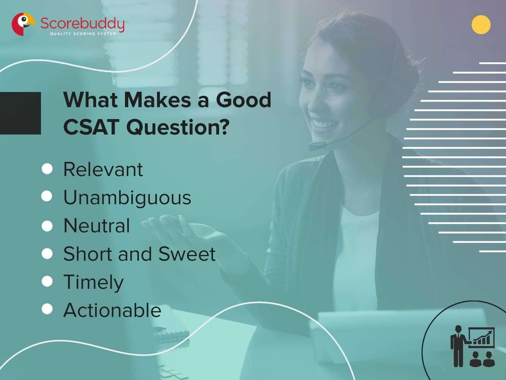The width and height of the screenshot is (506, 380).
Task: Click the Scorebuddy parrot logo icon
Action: coord(22,24)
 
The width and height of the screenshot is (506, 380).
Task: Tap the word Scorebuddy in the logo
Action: coord(82,24)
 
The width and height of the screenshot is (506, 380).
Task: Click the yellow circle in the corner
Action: coord(481,25)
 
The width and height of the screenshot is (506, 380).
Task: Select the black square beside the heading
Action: coord(20,113)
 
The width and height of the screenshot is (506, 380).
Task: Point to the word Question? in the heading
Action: coord(178,127)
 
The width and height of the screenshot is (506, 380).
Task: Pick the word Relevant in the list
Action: coord(103,169)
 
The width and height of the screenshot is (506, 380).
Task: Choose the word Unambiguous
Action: coord(127,198)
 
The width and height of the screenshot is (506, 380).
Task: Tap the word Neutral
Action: coord(97,226)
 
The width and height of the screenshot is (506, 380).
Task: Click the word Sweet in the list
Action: coord(187,254)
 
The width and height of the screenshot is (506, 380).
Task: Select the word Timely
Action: coord(93,282)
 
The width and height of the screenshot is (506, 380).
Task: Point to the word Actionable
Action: coord(112,310)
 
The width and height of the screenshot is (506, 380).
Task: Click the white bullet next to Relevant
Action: coord(47,169)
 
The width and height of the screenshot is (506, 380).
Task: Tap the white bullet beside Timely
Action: coord(47,281)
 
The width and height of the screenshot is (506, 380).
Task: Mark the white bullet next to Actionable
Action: coord(47,309)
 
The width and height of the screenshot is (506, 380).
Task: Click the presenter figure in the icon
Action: coord(458,345)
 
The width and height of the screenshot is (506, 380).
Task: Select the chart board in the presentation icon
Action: coord(482,337)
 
